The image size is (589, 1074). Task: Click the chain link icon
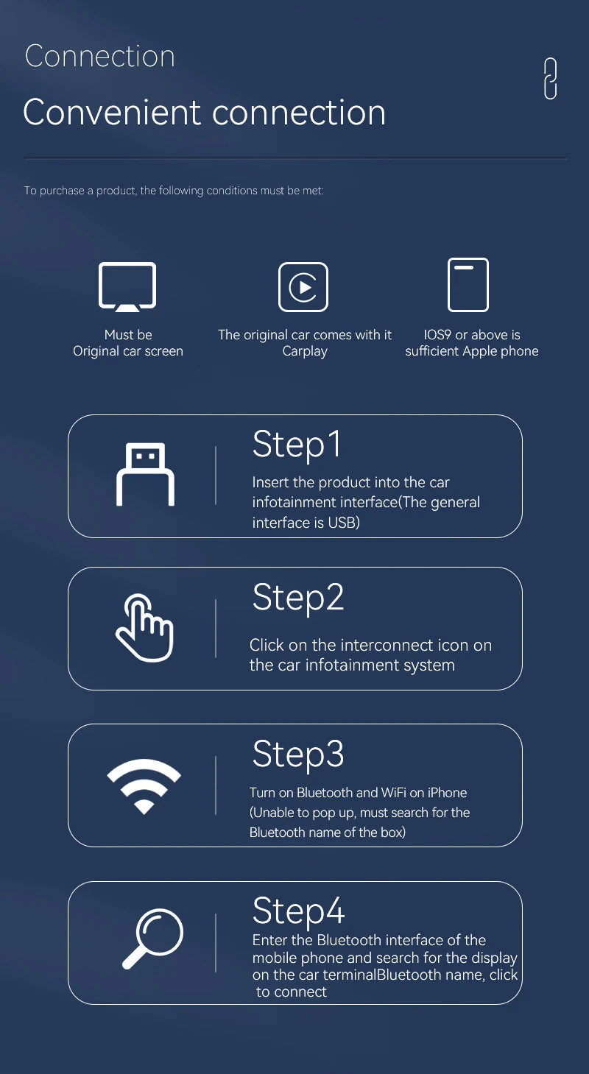click(550, 79)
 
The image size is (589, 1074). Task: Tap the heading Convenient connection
click(205, 113)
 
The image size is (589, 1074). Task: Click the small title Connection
click(100, 57)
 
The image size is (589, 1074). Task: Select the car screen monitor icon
click(127, 286)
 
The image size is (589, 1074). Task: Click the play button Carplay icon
click(303, 287)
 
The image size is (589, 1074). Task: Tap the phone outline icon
click(468, 285)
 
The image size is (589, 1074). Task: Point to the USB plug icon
click(146, 474)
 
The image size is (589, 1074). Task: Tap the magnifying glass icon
click(152, 939)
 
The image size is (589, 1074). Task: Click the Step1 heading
click(297, 444)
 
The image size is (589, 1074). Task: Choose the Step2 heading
click(298, 597)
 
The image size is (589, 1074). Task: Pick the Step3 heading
click(298, 754)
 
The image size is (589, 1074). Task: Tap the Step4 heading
click(298, 911)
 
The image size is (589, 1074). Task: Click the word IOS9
click(438, 335)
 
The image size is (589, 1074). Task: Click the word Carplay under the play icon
click(305, 351)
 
